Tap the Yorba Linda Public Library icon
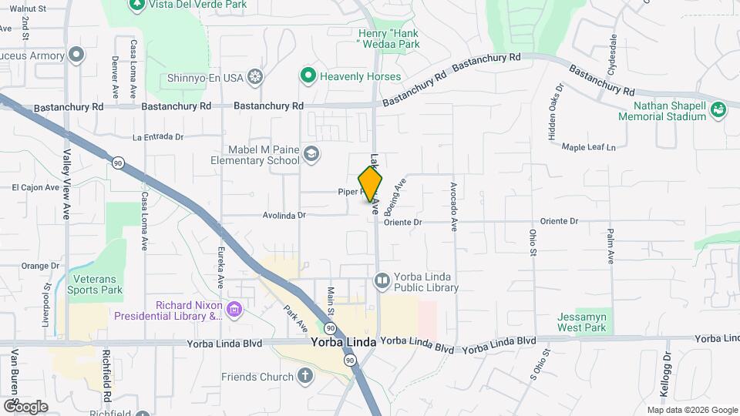point(382,280)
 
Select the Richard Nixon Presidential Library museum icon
point(235,310)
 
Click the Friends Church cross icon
point(305,376)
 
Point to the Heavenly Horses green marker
point(308,75)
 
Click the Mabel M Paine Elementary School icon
point(311,154)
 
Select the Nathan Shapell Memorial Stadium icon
point(718,109)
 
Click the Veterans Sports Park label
point(95,284)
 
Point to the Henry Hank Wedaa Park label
point(388,39)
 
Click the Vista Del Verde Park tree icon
point(137,4)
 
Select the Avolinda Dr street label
point(284,216)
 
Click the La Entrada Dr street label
point(158,137)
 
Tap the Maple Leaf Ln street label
point(589,146)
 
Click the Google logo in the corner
point(25,406)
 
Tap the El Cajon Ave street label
point(35,186)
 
